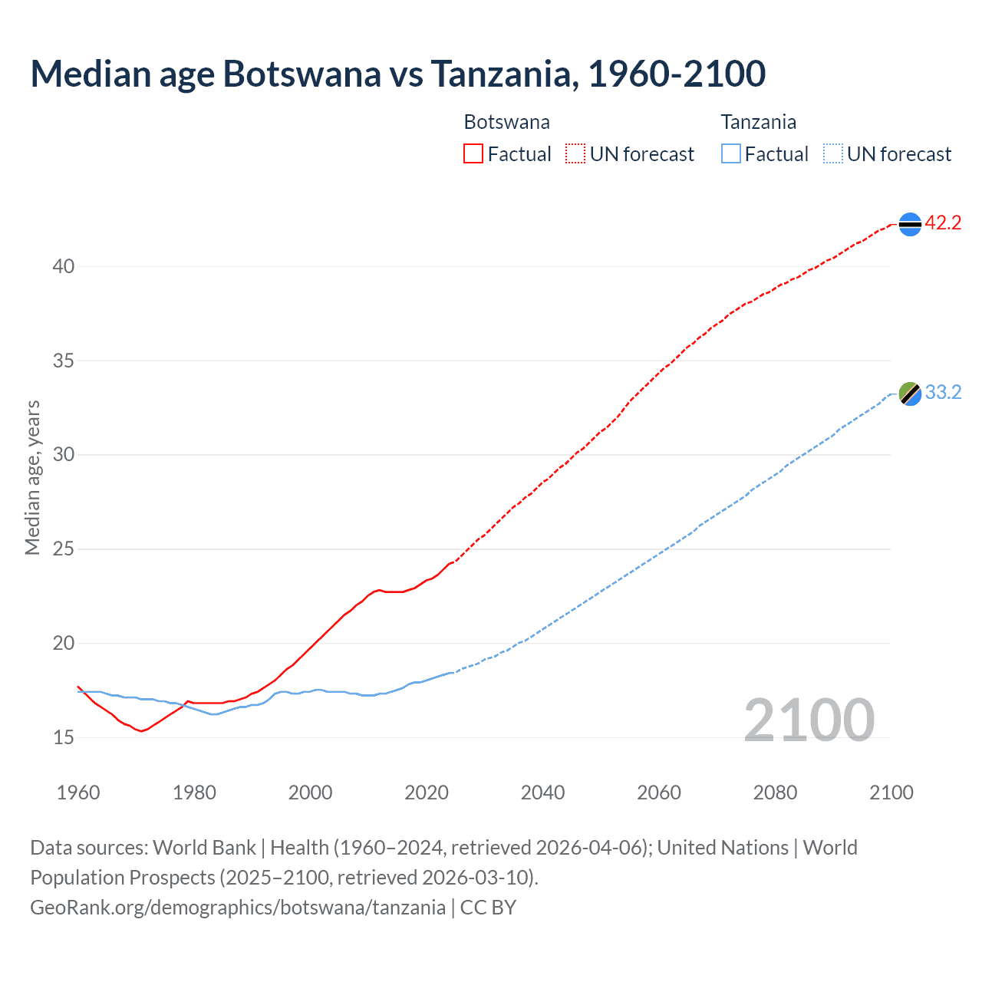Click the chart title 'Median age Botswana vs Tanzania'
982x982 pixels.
pyautogui.click(x=397, y=74)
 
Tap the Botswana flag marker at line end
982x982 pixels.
pyautogui.click(x=910, y=224)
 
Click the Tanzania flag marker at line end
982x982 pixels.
pyautogui.click(x=910, y=394)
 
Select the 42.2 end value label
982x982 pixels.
pyautogui.click(x=943, y=223)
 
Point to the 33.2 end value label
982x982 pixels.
pyautogui.click(x=943, y=393)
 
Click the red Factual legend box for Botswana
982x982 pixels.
pyautogui.click(x=473, y=154)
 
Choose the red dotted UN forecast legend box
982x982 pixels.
pyautogui.click(x=575, y=154)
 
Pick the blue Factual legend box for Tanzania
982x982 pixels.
pyautogui.click(x=731, y=154)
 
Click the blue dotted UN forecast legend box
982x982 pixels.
pyautogui.click(x=832, y=154)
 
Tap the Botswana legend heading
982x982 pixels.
pyautogui.click(x=506, y=122)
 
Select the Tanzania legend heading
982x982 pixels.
pyautogui.click(x=758, y=122)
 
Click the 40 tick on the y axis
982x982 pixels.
pyautogui.click(x=64, y=267)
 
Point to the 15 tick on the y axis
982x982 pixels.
pyautogui.click(x=64, y=738)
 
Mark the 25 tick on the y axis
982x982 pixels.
pyautogui.click(x=64, y=549)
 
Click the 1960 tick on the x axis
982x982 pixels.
pyautogui.click(x=78, y=793)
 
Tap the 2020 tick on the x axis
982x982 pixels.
pyautogui.click(x=427, y=793)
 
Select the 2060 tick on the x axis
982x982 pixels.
pyautogui.click(x=659, y=793)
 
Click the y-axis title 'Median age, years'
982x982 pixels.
pyautogui.click(x=32, y=477)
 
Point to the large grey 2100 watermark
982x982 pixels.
pyautogui.click(x=809, y=720)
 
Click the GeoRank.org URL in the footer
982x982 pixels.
pyautogui.click(x=238, y=908)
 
